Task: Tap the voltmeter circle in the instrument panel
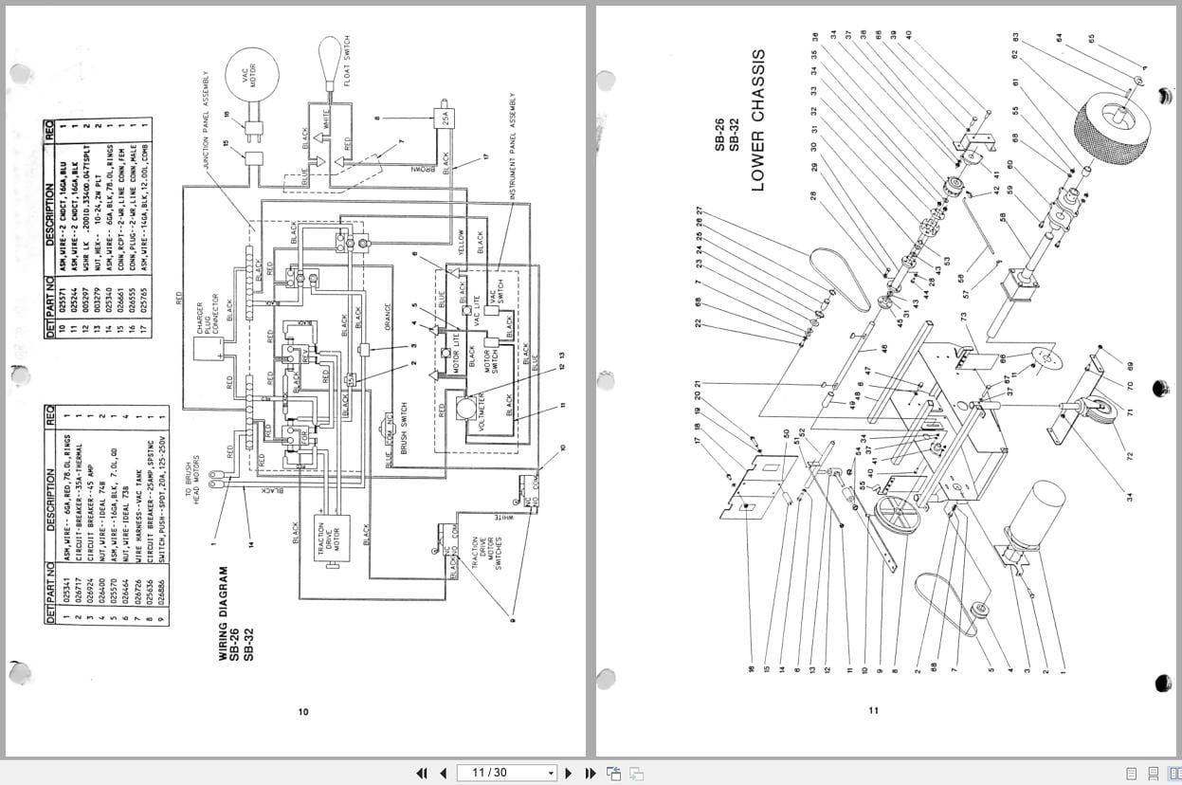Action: click(x=465, y=409)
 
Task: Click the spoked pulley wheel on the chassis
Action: click(x=897, y=517)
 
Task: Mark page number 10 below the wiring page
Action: click(x=303, y=712)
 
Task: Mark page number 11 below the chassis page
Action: click(x=874, y=710)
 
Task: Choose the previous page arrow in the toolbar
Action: click(x=443, y=773)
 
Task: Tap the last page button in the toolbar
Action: click(x=590, y=773)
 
